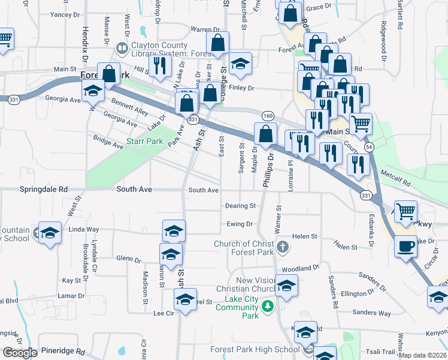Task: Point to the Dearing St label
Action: click(240, 206)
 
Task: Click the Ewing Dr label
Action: click(240, 224)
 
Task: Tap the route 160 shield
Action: click(267, 115)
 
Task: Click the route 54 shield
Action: click(369, 147)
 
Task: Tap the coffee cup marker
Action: click(405, 246)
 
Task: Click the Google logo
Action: click(19, 353)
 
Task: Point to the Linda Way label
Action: click(84, 229)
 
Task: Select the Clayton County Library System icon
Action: click(122, 47)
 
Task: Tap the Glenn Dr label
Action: click(129, 259)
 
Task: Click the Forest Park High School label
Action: click(255, 349)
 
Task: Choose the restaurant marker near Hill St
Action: click(159, 65)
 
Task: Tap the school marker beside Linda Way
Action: click(50, 233)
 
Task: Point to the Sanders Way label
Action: click(371, 313)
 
